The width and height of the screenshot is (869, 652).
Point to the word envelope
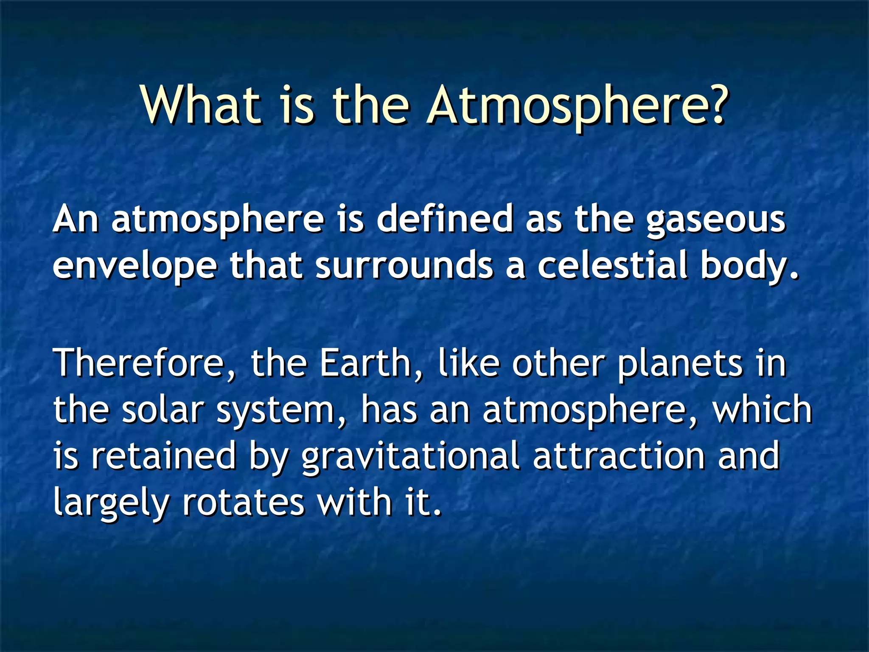pos(135,267)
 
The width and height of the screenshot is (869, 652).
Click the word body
pos(748,267)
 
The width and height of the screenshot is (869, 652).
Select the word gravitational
pos(411,457)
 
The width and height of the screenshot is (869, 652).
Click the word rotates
pos(244,503)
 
